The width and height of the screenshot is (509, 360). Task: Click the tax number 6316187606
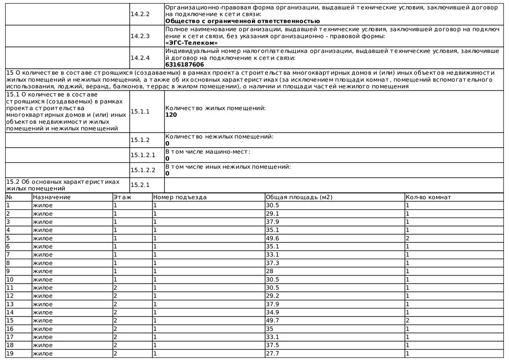pos(185,65)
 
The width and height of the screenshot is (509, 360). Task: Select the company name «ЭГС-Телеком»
pos(191,43)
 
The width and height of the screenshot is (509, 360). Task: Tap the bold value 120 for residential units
pos(171,115)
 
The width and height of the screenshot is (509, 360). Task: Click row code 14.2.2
pos(140,14)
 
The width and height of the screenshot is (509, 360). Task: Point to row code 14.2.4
pos(140,58)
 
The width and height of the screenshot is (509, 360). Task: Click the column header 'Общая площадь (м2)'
pos(299,197)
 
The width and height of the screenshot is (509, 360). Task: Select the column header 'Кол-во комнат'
pos(428,197)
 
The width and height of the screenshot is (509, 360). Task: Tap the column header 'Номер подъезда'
pos(180,197)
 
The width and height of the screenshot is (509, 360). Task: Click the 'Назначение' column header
pos(51,197)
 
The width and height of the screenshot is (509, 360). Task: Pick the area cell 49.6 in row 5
pos(273,238)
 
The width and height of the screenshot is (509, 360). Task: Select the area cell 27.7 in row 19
pos(273,353)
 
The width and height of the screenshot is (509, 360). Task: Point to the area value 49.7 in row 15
pos(273,320)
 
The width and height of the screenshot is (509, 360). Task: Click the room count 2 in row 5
pos(408,238)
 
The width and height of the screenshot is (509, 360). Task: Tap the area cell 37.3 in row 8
pos(273,263)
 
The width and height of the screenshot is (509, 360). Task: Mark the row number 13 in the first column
pos(10,304)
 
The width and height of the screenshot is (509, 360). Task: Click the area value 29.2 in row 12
pos(273,296)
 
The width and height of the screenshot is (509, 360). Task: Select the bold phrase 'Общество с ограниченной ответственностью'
pos(243,21)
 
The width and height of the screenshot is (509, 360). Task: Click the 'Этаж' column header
pos(121,197)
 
